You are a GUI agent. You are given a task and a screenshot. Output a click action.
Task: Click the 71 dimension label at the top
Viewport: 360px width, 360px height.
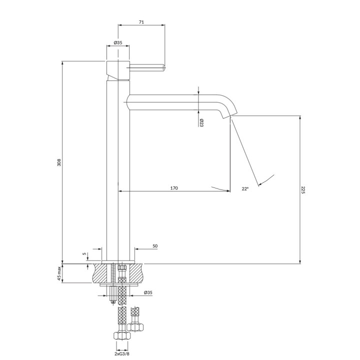click(x=141, y=22)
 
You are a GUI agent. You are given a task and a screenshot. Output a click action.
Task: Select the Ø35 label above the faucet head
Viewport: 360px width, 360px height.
click(x=118, y=42)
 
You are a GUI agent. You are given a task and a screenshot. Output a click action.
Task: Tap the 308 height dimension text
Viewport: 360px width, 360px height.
click(x=59, y=162)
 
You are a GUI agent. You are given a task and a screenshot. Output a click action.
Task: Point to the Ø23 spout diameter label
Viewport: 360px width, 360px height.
click(x=201, y=123)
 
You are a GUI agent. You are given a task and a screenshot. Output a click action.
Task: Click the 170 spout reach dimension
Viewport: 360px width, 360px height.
click(x=174, y=188)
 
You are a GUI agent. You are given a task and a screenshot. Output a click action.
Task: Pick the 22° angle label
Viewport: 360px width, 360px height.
click(x=245, y=188)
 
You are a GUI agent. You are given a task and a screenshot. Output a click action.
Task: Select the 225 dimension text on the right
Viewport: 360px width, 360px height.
click(x=303, y=190)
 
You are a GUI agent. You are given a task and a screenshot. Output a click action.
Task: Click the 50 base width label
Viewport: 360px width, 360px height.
click(x=155, y=246)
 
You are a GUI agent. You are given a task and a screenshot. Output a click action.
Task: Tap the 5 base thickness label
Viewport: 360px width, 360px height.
click(x=84, y=253)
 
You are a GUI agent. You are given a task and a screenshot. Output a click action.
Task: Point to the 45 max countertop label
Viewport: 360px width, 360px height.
click(x=59, y=273)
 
